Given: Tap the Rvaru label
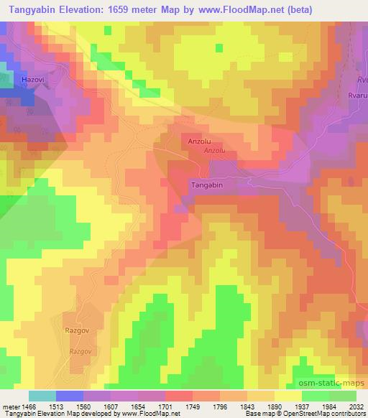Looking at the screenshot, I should coord(356,95).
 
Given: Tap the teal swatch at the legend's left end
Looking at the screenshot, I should coord(42,396).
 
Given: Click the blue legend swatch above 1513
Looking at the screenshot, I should coord(69,396).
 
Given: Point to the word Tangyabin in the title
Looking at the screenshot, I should coord(33,9).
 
